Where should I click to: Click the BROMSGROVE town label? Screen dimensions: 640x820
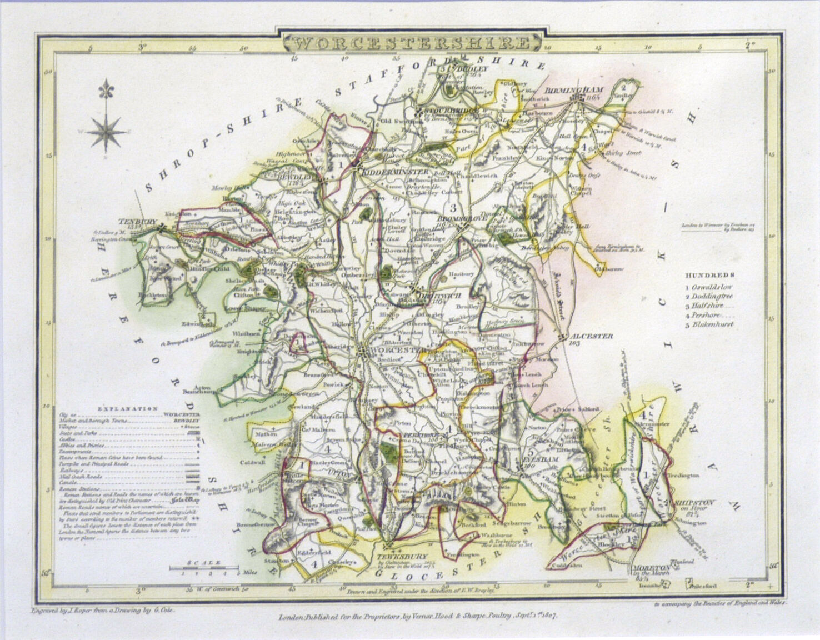(x=462, y=219)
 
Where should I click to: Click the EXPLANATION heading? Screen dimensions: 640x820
(x=128, y=408)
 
